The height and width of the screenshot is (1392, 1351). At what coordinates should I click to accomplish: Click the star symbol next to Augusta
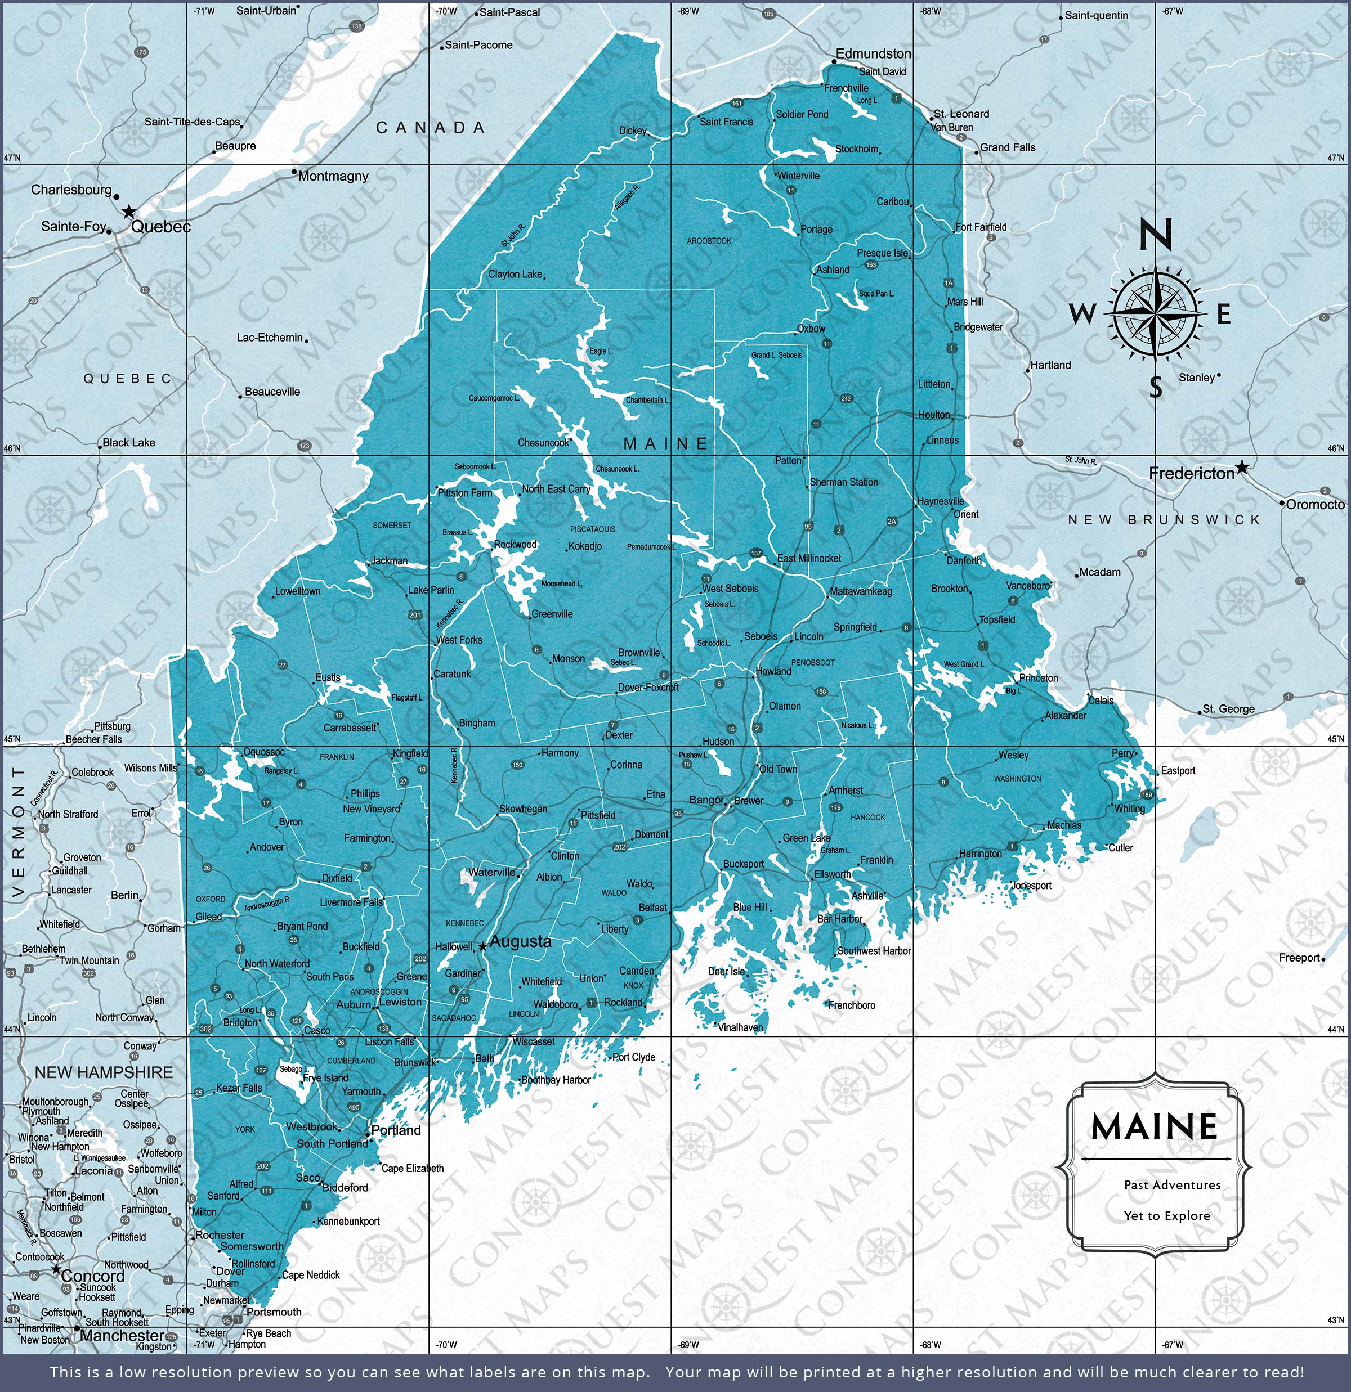click(x=482, y=946)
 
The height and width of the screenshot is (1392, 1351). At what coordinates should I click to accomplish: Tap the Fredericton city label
click(x=1191, y=473)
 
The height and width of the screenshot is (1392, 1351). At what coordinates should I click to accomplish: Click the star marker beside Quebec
click(x=129, y=212)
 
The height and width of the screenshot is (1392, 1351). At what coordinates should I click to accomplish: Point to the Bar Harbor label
click(x=839, y=918)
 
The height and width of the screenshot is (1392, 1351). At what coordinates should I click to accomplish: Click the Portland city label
click(x=396, y=1130)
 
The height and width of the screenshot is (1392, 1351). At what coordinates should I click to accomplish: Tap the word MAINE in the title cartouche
click(x=1154, y=1126)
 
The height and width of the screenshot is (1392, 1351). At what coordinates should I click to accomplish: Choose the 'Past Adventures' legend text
click(x=1162, y=1184)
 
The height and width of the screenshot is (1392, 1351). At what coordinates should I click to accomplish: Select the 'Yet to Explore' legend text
click(x=1166, y=1215)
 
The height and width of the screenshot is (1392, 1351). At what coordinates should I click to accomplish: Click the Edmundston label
click(x=873, y=53)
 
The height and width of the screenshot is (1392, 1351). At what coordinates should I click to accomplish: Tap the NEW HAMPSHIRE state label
click(x=104, y=1072)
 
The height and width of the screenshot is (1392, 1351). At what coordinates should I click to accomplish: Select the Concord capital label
click(x=92, y=1276)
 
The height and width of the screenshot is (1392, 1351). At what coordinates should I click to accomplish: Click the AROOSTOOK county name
click(x=709, y=241)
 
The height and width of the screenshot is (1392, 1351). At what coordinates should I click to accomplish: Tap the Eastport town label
click(x=1178, y=771)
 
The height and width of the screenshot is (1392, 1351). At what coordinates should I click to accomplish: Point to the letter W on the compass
click(x=1082, y=313)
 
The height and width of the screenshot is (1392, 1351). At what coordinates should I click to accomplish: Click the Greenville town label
click(x=552, y=614)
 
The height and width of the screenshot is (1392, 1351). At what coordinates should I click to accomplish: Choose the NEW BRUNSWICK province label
click(x=1164, y=520)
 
